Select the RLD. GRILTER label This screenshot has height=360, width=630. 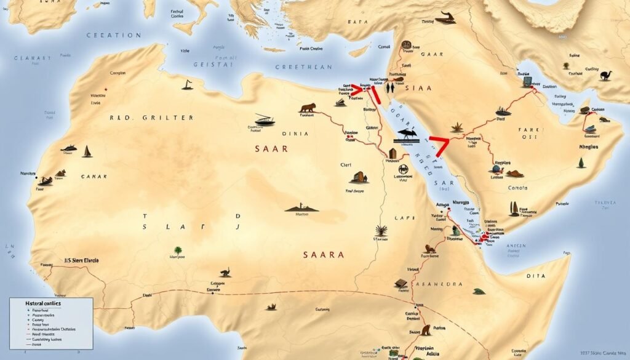pyautogui.click(x=151, y=117)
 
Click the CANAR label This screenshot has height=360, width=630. pyautogui.click(x=94, y=177)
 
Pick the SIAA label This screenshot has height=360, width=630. pyautogui.click(x=420, y=88)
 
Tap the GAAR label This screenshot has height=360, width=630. pyautogui.click(x=432, y=54)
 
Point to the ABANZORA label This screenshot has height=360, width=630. pyautogui.click(x=439, y=284)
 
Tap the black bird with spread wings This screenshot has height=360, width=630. pyautogui.click(x=407, y=133)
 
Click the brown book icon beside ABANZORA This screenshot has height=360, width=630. pyautogui.click(x=401, y=284)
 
